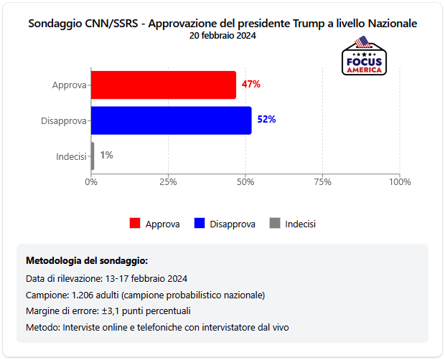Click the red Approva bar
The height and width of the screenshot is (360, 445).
[x=164, y=85]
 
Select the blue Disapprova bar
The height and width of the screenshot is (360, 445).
[x=172, y=120]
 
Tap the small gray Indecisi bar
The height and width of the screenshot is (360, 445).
[x=93, y=156]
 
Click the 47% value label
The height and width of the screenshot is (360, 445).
[x=251, y=84]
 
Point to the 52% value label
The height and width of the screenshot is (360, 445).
[x=267, y=119]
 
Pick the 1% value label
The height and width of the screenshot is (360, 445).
[x=106, y=155]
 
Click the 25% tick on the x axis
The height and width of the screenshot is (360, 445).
[x=168, y=182]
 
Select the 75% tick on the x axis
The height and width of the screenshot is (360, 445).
[x=323, y=182]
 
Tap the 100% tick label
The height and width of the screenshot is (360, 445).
[x=399, y=182]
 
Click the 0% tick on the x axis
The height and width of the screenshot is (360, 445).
[x=91, y=182]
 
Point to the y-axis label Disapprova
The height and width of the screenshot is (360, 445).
[x=64, y=120]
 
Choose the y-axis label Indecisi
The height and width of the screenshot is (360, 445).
[x=71, y=156]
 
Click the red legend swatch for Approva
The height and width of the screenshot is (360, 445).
[x=135, y=223]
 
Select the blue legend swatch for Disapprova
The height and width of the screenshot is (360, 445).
[x=200, y=223]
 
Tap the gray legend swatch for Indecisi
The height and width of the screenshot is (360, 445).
[x=274, y=223]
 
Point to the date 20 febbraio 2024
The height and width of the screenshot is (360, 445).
[x=222, y=35]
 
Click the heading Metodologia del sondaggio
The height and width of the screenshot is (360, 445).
[x=87, y=260]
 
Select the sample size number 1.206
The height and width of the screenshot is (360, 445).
[x=83, y=295]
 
